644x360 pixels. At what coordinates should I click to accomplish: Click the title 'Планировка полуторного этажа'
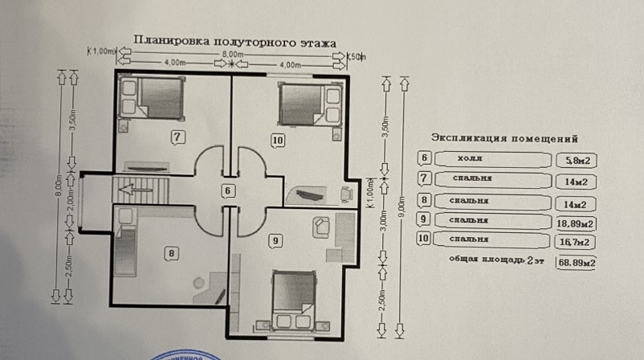(x=234, y=40)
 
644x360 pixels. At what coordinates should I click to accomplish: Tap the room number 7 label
(x=178, y=137)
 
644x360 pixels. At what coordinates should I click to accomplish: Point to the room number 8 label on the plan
(x=171, y=253)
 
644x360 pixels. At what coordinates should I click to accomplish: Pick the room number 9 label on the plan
(x=275, y=239)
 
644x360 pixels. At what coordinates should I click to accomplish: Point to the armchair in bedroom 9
(x=319, y=227)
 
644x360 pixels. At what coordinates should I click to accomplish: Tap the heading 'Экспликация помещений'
(x=505, y=138)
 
